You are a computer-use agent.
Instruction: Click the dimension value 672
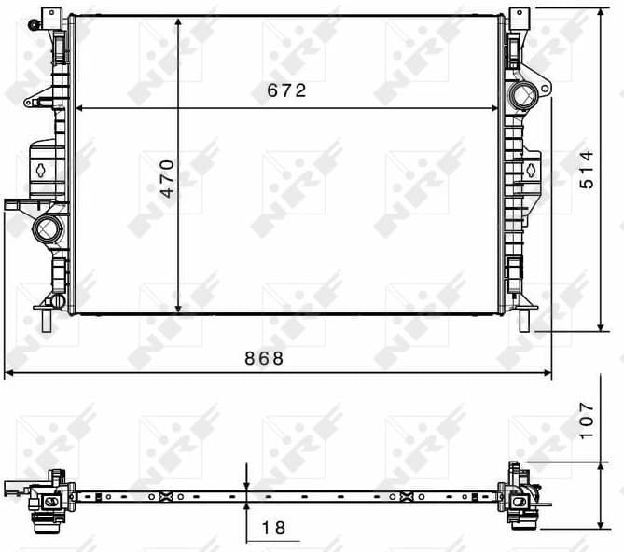(286, 91)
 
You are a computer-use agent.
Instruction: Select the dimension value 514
(586, 169)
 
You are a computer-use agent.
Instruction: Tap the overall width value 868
(265, 358)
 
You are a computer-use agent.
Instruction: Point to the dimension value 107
(586, 421)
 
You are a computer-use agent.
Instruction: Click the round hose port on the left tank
(47, 228)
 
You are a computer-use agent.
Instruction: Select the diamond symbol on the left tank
(43, 170)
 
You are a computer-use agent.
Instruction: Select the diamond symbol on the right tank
(529, 169)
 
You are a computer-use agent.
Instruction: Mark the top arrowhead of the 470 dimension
(178, 21)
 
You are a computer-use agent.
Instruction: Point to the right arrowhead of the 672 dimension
(496, 108)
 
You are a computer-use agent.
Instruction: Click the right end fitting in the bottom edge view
(519, 494)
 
